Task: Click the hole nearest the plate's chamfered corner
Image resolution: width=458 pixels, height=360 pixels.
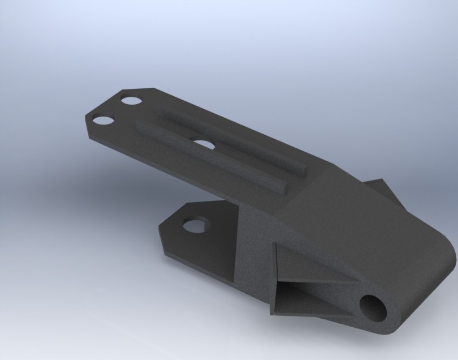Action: (x=131, y=101)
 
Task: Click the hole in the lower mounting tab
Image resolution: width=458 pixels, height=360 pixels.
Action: (x=198, y=225)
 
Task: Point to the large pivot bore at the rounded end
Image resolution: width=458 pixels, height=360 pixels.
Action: (x=374, y=309)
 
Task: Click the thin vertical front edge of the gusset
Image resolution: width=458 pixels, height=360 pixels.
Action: (x=274, y=280)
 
